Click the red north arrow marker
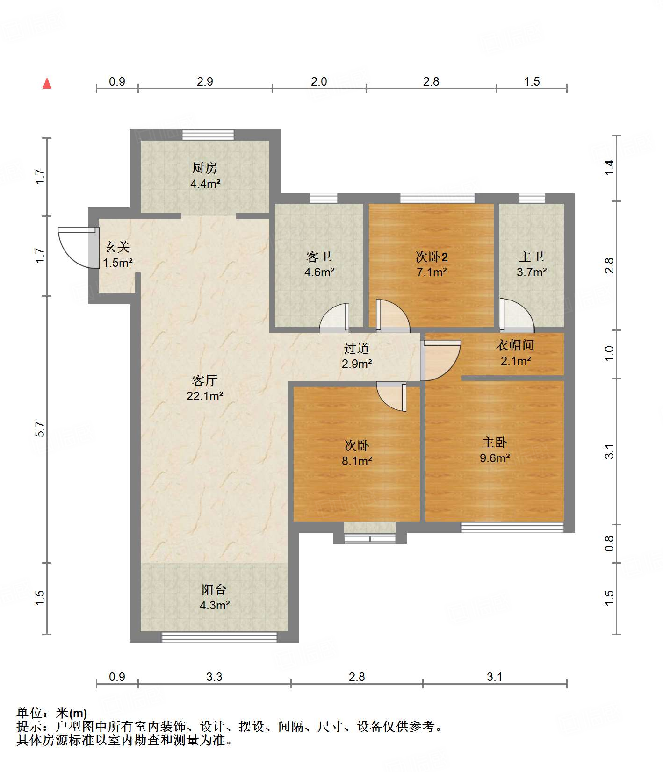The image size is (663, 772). pyautogui.click(x=47, y=83)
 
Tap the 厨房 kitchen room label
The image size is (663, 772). pyautogui.click(x=205, y=168)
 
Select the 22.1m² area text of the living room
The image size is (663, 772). pyautogui.click(x=205, y=396)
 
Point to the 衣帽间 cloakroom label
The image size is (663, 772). pyautogui.click(x=515, y=345)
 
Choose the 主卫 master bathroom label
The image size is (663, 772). pyautogui.click(x=532, y=257)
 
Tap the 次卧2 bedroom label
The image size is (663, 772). pyautogui.click(x=432, y=257)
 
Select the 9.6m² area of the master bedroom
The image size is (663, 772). pyautogui.click(x=495, y=458)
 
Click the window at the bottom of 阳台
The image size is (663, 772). pyautogui.click(x=219, y=636)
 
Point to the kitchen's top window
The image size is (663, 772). pyautogui.click(x=208, y=135)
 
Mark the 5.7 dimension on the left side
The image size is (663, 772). pyautogui.click(x=40, y=429)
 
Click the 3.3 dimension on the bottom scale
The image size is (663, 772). pyautogui.click(x=214, y=677)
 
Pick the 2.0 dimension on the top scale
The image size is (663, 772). pyautogui.click(x=319, y=81)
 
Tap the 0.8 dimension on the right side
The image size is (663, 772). pyautogui.click(x=609, y=543)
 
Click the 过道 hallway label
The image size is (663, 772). pyautogui.click(x=357, y=348)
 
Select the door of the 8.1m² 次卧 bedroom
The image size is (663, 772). pyautogui.click(x=391, y=396)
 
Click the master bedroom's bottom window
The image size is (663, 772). pyautogui.click(x=512, y=527)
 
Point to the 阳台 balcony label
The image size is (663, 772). pyautogui.click(x=214, y=590)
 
